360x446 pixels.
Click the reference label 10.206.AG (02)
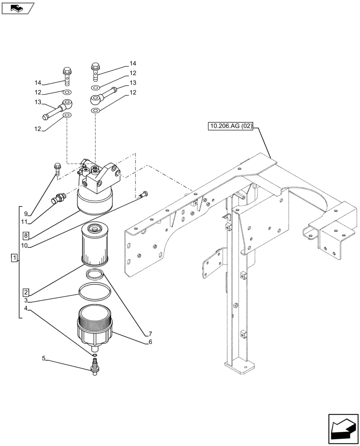point(230,127)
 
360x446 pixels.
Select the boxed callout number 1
point(14,258)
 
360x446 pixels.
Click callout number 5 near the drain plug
point(44,358)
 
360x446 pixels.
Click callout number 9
point(26,214)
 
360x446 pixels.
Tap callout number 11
point(26,222)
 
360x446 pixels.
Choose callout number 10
point(26,245)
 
